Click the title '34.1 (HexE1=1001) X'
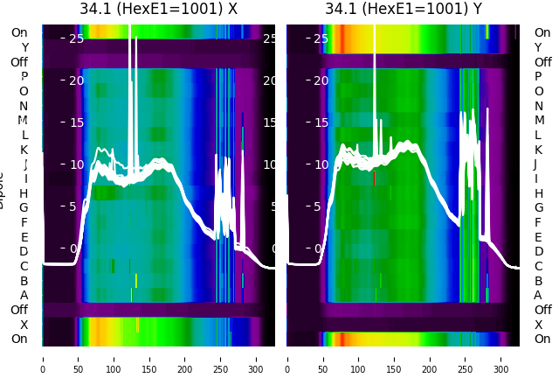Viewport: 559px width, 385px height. coord(158,10)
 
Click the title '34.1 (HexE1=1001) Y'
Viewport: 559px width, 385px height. coord(404,10)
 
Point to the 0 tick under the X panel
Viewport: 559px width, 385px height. coord(43,358)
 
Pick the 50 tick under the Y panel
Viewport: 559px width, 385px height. coord(322,358)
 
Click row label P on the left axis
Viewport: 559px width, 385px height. coord(24,77)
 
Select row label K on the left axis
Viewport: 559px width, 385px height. coord(24,150)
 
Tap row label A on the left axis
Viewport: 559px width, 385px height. coord(24,295)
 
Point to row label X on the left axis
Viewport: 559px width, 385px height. coord(24,325)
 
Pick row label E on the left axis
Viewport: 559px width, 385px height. coord(24,237)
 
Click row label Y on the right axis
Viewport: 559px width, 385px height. coord(538,47)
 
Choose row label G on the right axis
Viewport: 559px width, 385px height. coord(538,207)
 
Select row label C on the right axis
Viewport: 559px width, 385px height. coord(538,266)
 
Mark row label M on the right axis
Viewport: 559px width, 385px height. coord(538,121)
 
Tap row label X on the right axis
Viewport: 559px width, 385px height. coord(538,325)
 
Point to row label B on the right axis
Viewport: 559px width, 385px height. coord(538,281)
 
